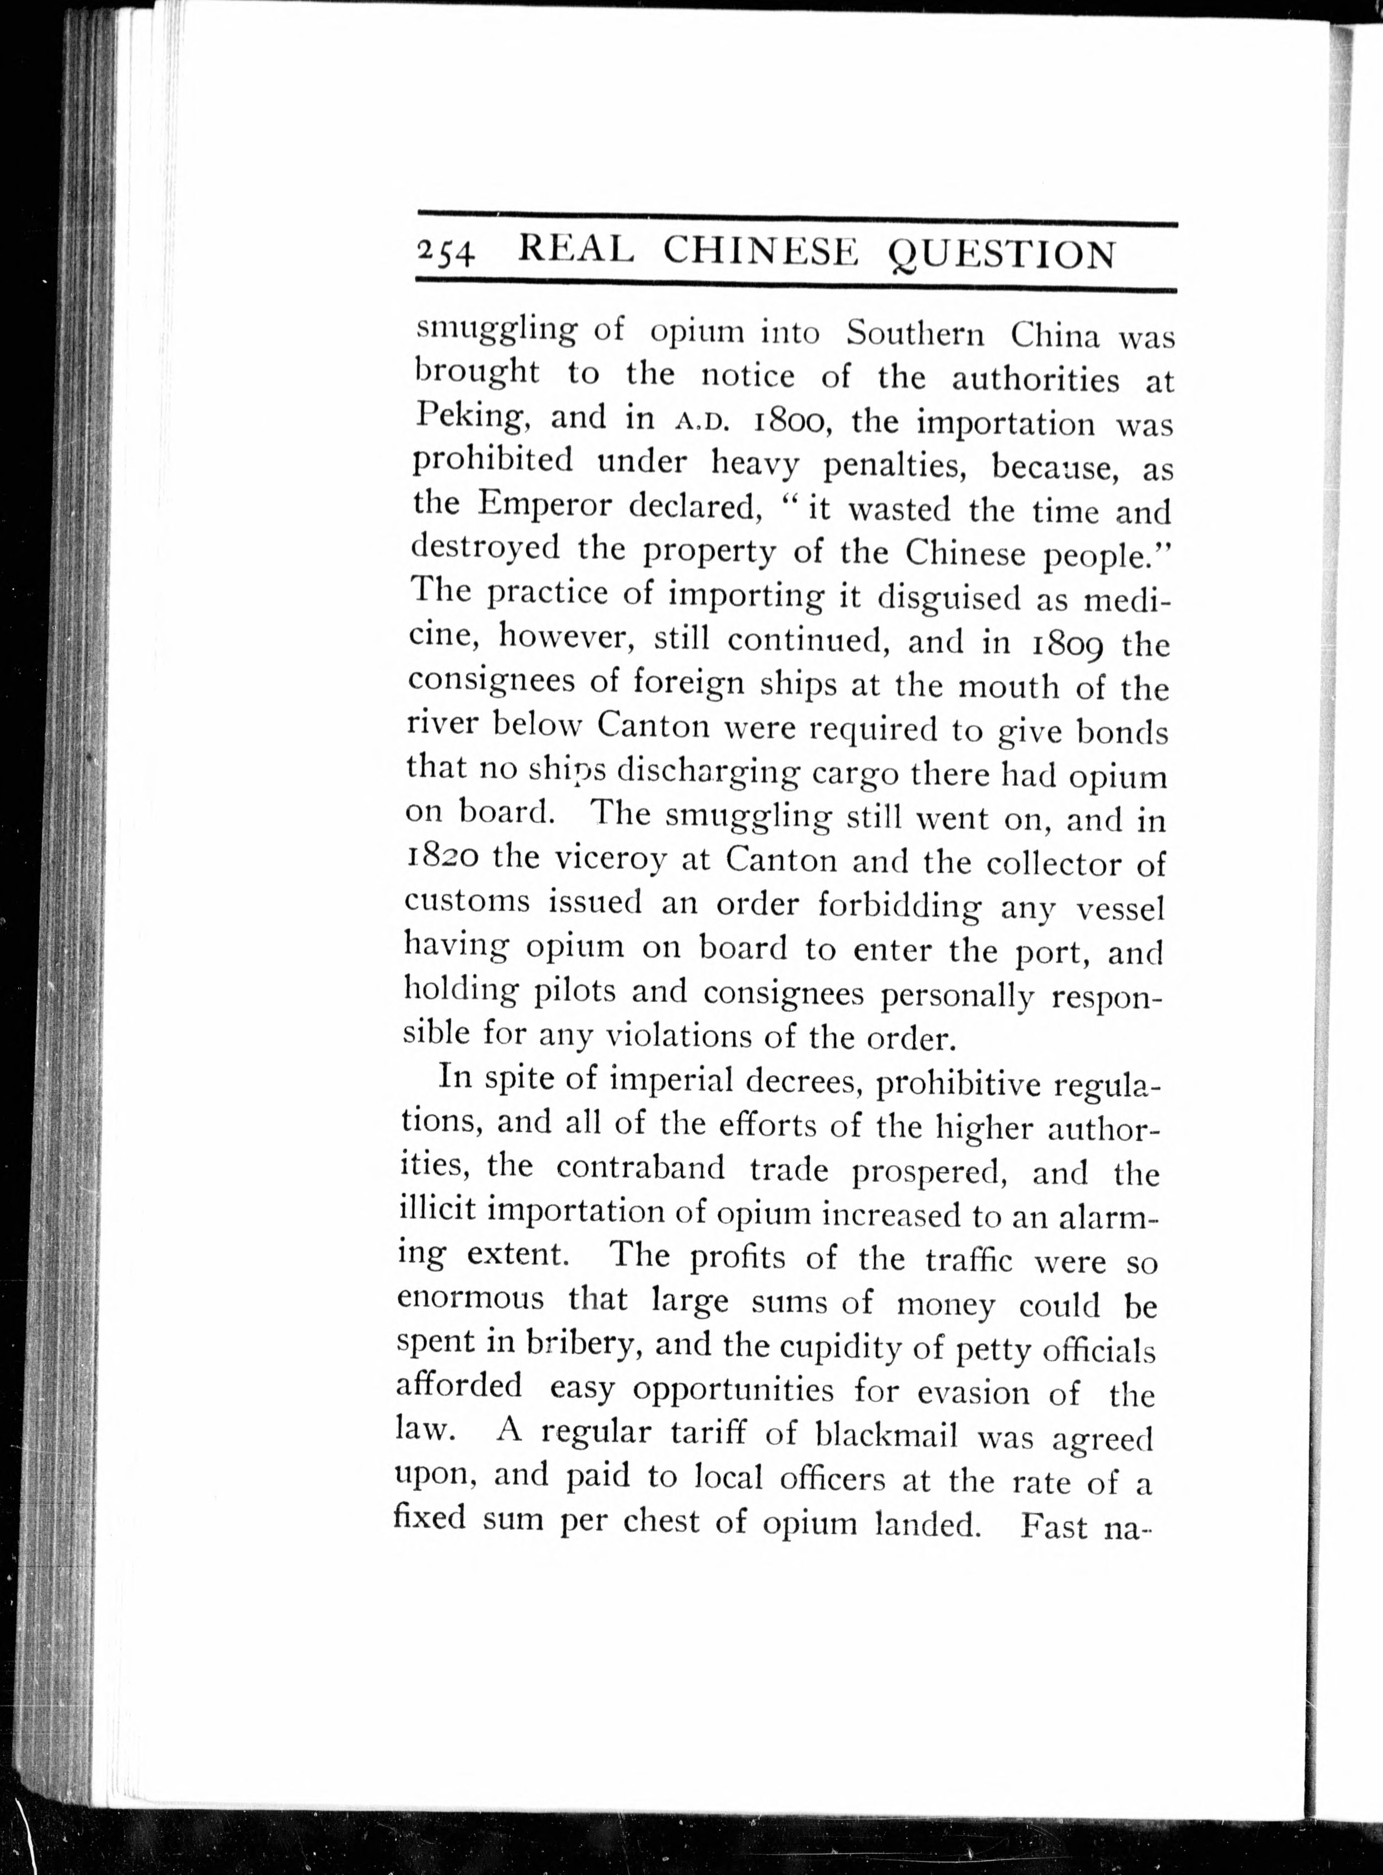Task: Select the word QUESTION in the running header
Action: pyautogui.click(x=1000, y=254)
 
